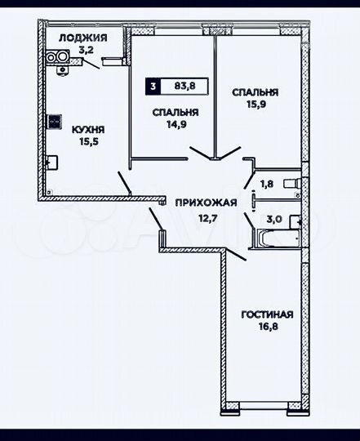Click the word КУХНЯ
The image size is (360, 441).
coord(87,129)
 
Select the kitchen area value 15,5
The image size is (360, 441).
coord(87,142)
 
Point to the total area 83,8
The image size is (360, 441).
coord(184,83)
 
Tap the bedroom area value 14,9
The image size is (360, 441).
coord(171,125)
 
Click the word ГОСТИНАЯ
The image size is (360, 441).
coord(267,314)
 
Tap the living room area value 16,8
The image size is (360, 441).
coord(267,327)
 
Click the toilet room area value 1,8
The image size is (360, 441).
coord(266,185)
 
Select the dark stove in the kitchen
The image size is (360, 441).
coord(54,122)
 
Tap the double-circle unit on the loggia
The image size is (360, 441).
coord(57,58)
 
